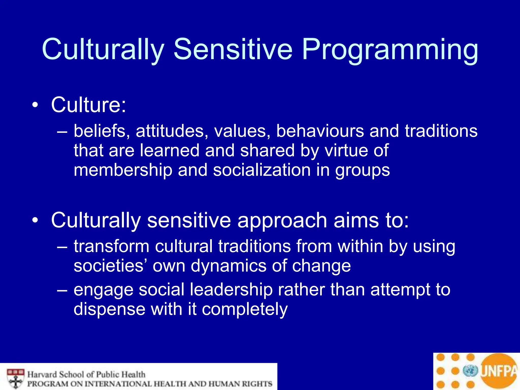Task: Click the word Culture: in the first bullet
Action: pos(88,105)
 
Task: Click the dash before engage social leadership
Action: pos(62,290)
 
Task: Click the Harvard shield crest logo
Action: pos(15,379)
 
